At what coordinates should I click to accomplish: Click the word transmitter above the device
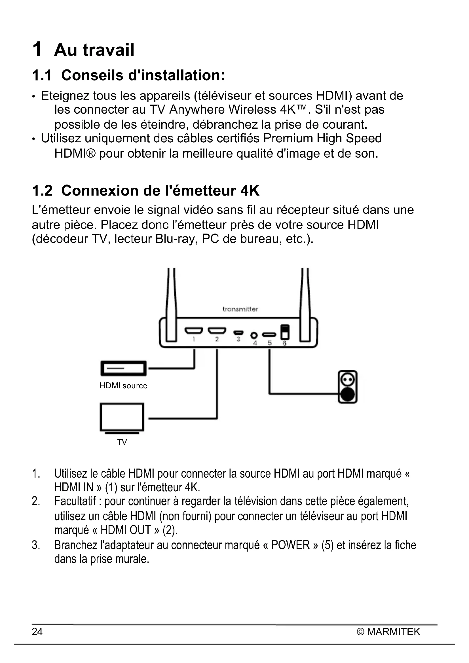coord(240,309)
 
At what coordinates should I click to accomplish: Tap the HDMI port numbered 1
coord(194,330)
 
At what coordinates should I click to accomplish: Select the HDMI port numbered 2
coord(217,330)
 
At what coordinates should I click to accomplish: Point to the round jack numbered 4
coord(254,336)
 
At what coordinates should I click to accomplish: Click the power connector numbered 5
coord(269,335)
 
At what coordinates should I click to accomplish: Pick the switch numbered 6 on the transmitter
coord(285,332)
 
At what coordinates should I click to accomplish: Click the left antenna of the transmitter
coord(171,305)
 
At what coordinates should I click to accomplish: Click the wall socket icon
coord(348,387)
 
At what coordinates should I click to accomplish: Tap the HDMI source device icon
coord(123,368)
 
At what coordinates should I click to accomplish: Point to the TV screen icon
coord(122,418)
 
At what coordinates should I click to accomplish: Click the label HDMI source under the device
coord(123,386)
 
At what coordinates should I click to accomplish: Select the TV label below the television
coord(122,442)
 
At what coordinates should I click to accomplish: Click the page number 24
coord(37,632)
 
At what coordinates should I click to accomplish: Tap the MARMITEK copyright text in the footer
coord(388,632)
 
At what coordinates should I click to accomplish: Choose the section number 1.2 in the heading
coord(42,190)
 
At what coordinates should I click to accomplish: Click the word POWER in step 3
coord(290,545)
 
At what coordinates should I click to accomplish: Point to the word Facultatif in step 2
coord(75,501)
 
